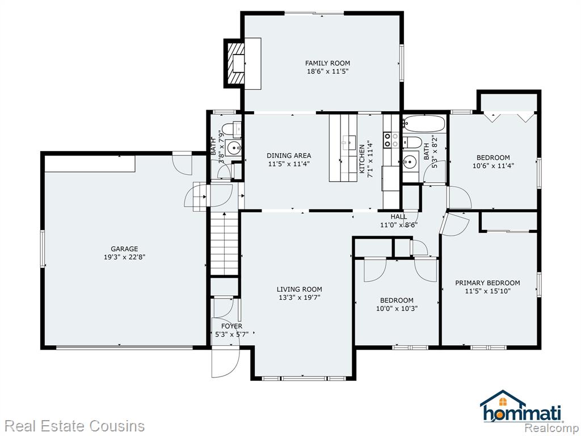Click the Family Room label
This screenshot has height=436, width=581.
point(327,64)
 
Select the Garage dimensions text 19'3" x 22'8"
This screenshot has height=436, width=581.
point(124,257)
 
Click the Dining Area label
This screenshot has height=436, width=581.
point(289,156)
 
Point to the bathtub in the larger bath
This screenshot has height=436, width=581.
point(424,124)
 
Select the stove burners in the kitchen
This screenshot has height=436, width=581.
point(391,140)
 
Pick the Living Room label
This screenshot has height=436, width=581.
point(300,289)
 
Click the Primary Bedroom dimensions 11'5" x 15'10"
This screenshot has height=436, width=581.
point(487,291)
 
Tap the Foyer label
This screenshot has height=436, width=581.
point(231,326)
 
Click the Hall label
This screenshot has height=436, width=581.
point(399,216)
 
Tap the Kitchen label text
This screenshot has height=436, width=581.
point(362,159)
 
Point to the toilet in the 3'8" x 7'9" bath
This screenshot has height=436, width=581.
point(231,129)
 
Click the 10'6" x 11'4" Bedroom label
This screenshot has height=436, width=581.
point(493,158)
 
